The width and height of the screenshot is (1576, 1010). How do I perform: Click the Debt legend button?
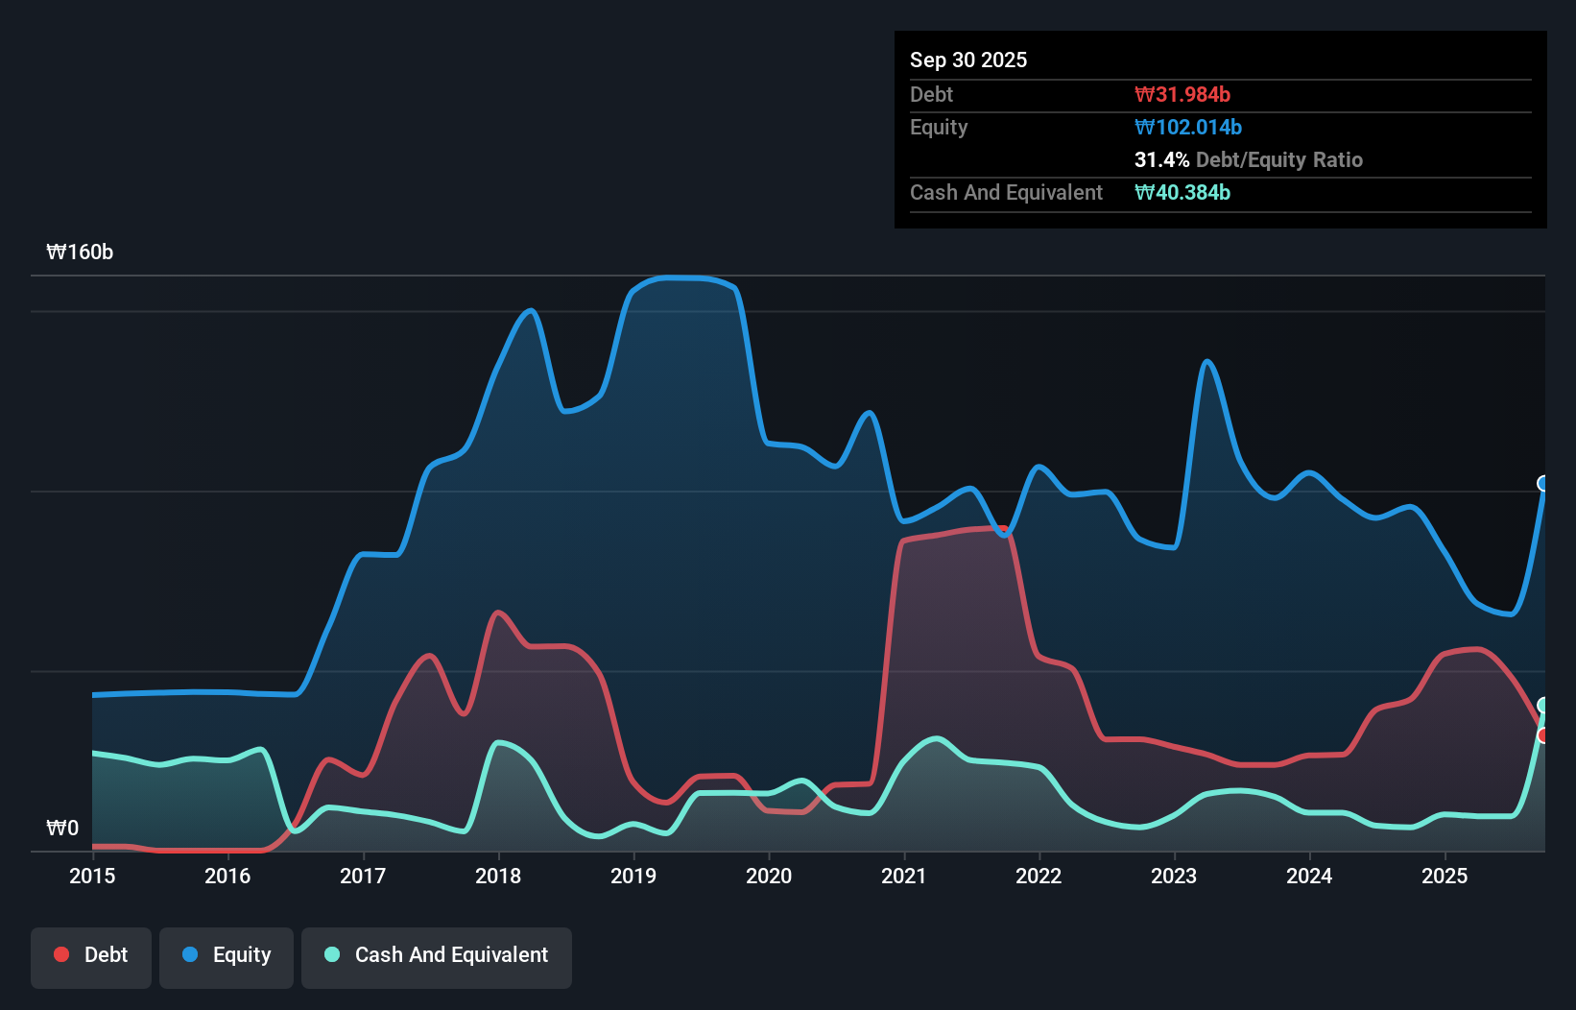coord(91,955)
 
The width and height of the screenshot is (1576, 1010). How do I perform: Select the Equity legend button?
coord(227,955)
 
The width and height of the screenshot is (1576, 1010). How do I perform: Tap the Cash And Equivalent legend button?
coord(437,955)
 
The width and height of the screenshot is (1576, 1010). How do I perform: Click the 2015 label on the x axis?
coord(92,876)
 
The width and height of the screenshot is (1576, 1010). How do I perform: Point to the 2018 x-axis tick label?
coord(498,876)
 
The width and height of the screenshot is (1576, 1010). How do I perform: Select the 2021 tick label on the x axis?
coord(904,876)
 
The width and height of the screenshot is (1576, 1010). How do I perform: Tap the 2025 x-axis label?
coord(1445,876)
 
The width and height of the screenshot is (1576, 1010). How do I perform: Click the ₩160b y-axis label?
coord(80,252)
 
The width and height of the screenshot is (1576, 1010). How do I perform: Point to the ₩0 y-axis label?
coord(62,828)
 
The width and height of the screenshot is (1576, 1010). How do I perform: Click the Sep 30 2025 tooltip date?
coord(968,60)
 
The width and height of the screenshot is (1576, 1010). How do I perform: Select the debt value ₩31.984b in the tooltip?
coord(1182,95)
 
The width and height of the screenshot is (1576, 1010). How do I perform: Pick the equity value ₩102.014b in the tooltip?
coord(1188,128)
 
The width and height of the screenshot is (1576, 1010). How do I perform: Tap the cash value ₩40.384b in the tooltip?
coord(1182,193)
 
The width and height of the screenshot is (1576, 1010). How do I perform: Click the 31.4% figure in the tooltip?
coord(1161,160)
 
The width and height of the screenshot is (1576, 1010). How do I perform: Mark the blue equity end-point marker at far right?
coord(1543,484)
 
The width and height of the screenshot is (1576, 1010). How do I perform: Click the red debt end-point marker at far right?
coord(1543,735)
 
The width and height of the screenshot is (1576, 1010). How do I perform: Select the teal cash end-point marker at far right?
coord(1543,706)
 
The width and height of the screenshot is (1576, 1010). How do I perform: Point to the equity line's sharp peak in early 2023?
coord(1207,362)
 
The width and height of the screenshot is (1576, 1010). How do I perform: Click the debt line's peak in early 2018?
coord(497,613)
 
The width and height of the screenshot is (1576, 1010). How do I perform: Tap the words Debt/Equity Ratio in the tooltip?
coord(1279,160)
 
